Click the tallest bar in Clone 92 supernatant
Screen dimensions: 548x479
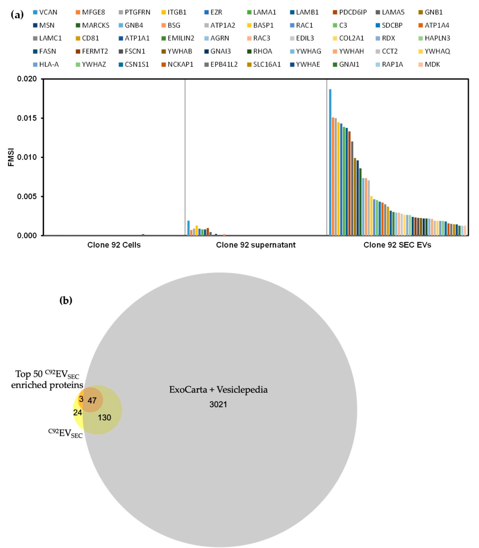188,228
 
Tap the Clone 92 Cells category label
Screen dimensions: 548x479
114,245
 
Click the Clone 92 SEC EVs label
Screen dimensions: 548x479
397,245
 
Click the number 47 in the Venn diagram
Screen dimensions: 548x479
92,401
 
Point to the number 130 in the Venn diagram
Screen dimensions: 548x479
104,417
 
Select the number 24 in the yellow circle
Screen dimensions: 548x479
78,413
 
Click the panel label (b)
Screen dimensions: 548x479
66,301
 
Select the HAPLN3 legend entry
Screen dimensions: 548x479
437,38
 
